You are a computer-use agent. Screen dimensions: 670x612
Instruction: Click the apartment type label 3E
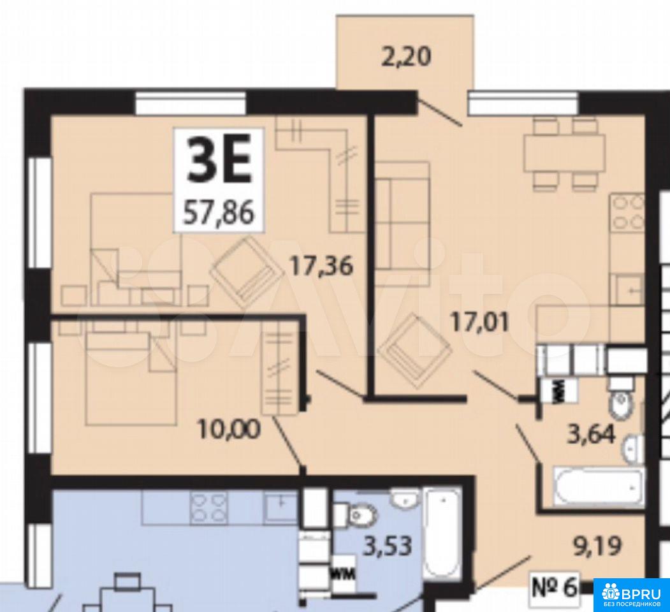pos(219,164)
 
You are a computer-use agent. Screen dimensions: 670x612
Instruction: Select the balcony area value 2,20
pos(405,57)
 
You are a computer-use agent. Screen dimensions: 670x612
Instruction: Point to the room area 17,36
pos(322,266)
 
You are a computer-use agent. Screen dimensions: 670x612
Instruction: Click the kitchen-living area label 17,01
pos(481,322)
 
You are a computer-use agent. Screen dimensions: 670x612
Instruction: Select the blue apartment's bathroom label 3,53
pos(388,545)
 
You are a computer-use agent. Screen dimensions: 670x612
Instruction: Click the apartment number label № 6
pos(555,588)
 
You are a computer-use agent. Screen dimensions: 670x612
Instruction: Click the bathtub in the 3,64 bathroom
pos(598,487)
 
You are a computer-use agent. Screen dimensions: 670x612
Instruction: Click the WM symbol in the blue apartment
pos(344,575)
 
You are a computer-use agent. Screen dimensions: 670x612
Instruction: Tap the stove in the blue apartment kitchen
pos(208,506)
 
